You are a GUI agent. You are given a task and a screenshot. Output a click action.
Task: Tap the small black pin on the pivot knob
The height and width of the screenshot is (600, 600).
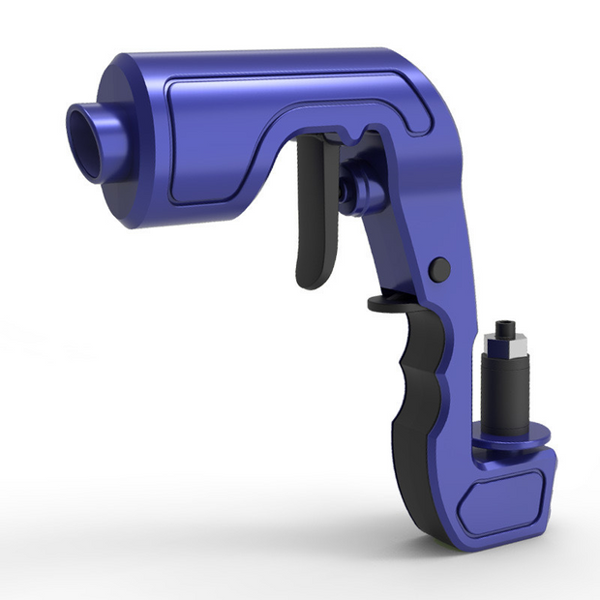coord(345,193)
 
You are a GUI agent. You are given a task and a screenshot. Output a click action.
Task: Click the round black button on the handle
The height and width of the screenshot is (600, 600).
coord(439,269)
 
